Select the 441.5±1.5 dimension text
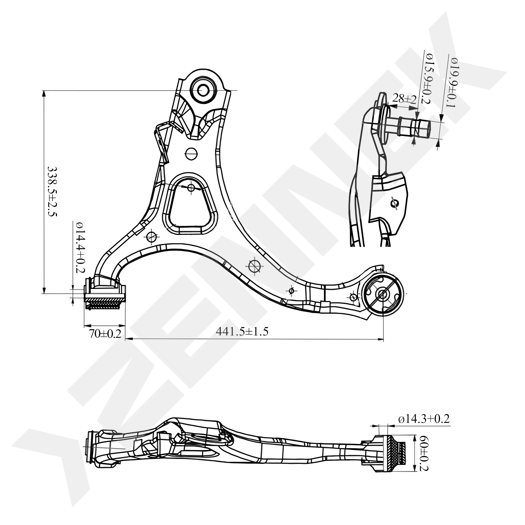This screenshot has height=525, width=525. pyautogui.click(x=242, y=332)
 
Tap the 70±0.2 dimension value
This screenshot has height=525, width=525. pyautogui.click(x=105, y=334)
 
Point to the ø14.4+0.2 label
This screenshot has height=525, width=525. pyautogui.click(x=80, y=248)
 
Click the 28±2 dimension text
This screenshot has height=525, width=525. pyautogui.click(x=404, y=99)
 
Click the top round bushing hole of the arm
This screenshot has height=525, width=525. pyautogui.click(x=203, y=90)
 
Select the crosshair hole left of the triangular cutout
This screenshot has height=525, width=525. pyautogui.click(x=151, y=237)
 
